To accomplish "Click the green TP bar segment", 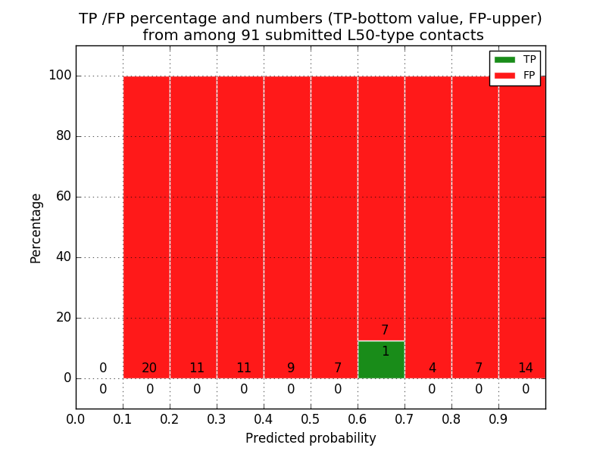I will [x=381, y=360].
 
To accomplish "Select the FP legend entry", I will [x=515, y=75].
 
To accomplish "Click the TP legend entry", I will [x=515, y=59].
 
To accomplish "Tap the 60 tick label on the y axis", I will [x=62, y=197].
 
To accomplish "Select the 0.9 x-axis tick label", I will [x=498, y=418].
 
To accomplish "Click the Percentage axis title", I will [x=36, y=228].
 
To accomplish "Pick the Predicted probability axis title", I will [x=311, y=438].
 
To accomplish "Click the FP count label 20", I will [x=149, y=368].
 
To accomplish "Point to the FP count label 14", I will [x=525, y=368].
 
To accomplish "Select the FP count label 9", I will [x=290, y=368].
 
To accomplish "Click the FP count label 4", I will [x=432, y=368].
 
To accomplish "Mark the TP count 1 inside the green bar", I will [x=385, y=351].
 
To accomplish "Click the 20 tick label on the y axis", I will [x=62, y=318].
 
